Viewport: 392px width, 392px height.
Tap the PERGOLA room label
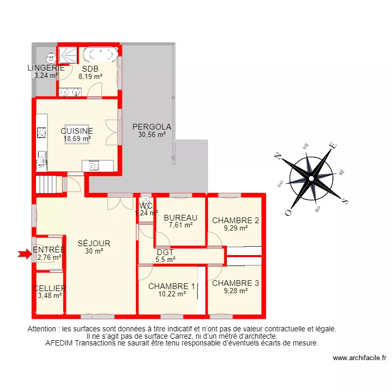click(152, 126)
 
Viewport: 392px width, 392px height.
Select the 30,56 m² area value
click(152, 134)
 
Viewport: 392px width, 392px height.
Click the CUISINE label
click(77, 131)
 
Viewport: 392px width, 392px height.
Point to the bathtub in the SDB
click(100, 54)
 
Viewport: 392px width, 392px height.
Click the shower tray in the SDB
click(67, 54)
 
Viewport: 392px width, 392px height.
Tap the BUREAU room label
click(180, 218)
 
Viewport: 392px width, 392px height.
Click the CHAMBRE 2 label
click(235, 220)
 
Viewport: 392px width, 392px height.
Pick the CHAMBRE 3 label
click(235, 283)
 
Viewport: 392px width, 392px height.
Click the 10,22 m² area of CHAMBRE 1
click(171, 294)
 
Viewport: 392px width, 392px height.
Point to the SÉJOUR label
click(94, 243)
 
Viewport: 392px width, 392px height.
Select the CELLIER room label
click(50, 289)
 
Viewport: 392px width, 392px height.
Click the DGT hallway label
click(165, 252)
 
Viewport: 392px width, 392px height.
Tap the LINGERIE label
click(46, 67)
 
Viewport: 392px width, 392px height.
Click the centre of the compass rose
click(310, 178)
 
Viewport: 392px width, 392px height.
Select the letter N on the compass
click(280, 155)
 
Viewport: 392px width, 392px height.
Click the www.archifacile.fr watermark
click(359, 358)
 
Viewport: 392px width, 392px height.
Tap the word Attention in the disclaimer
click(43, 329)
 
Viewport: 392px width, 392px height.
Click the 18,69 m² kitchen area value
click(77, 139)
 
